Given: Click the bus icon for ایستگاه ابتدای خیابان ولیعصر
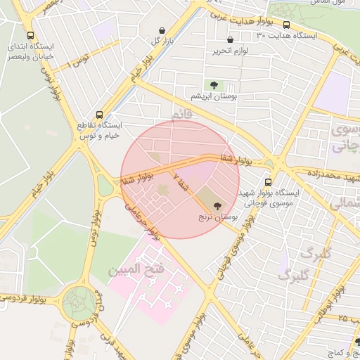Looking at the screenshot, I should coord(30,35).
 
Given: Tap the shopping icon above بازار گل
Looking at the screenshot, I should coord(163,30).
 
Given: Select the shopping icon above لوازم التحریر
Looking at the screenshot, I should coord(230,40).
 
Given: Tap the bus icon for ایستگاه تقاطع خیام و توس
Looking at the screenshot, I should coord(99,114).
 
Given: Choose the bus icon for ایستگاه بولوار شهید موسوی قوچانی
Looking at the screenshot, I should coord(267,181).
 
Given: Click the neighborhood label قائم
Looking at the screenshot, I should coord(181,113).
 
